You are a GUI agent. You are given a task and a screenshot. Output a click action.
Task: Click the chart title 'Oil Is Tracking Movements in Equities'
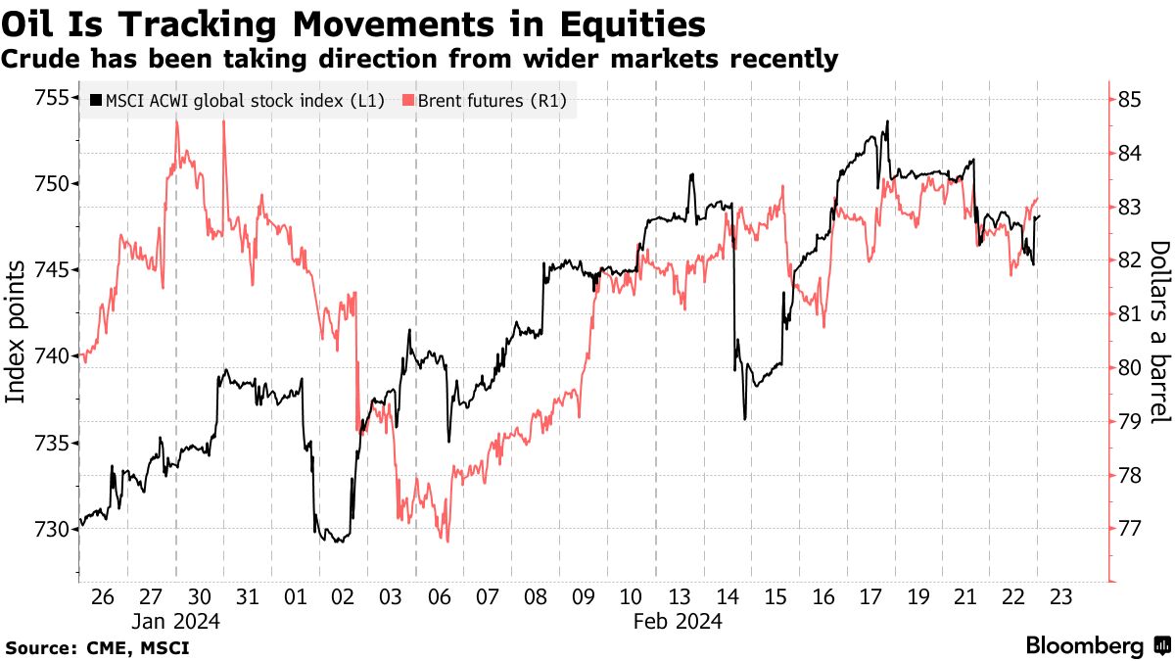pos(353,24)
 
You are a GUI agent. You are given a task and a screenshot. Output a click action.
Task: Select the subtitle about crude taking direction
pos(419,60)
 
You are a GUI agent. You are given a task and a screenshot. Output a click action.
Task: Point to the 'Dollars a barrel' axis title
pos(1159,332)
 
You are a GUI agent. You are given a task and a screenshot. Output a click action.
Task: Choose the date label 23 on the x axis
pos(1061,597)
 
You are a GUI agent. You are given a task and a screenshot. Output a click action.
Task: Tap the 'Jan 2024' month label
pos(176,621)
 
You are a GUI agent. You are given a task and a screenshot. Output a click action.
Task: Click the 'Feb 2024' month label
pos(678,621)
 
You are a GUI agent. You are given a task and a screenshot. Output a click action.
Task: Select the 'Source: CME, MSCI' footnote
pos(97,647)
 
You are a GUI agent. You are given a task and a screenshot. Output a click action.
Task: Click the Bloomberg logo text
pos(1084,645)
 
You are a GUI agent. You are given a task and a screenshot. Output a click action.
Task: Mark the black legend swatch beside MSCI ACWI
pos(96,100)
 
